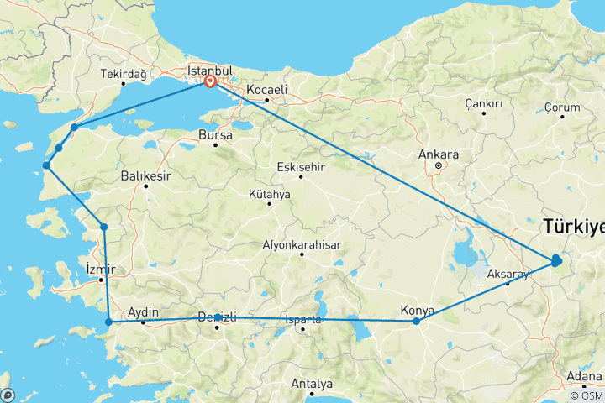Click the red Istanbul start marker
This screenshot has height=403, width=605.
pyautogui.click(x=210, y=82)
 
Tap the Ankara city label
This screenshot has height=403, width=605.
pyautogui.click(x=443, y=155)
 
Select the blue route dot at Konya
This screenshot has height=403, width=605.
pyautogui.click(x=417, y=321)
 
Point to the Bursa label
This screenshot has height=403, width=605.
pyautogui.click(x=214, y=134)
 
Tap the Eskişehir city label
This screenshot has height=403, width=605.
pyautogui.click(x=302, y=166)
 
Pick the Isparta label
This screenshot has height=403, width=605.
pyautogui.click(x=302, y=319)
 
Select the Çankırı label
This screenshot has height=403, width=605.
pyautogui.click(x=483, y=103)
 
